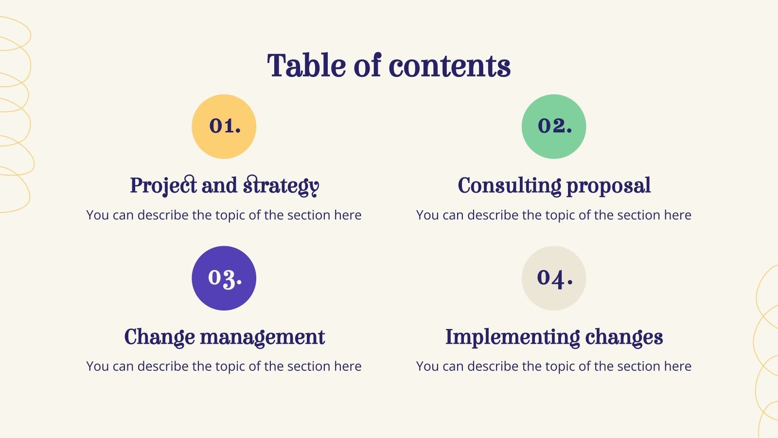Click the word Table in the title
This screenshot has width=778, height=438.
pos(306,66)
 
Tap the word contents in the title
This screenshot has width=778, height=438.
pos(449,66)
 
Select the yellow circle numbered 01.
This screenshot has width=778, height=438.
pos(224,127)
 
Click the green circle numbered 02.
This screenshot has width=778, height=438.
pos(554,127)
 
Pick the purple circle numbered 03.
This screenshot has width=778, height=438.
pos(224,278)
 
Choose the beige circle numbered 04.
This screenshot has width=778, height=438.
pos(554,278)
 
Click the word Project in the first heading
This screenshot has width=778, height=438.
pos(163,186)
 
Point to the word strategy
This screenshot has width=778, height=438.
pos(281,186)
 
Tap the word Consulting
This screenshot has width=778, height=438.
pos(509,186)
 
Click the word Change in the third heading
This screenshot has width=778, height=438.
pos(159,337)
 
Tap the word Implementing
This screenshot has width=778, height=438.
pos(512,337)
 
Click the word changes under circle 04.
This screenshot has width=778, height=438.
pos(624,337)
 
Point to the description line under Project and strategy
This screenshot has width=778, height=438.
pos(224,215)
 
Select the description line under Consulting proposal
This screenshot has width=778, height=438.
pos(554,215)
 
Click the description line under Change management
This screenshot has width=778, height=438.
pos(224,366)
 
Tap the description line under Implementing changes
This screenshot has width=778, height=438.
pos(554,366)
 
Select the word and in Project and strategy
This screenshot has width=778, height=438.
pos(219,186)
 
